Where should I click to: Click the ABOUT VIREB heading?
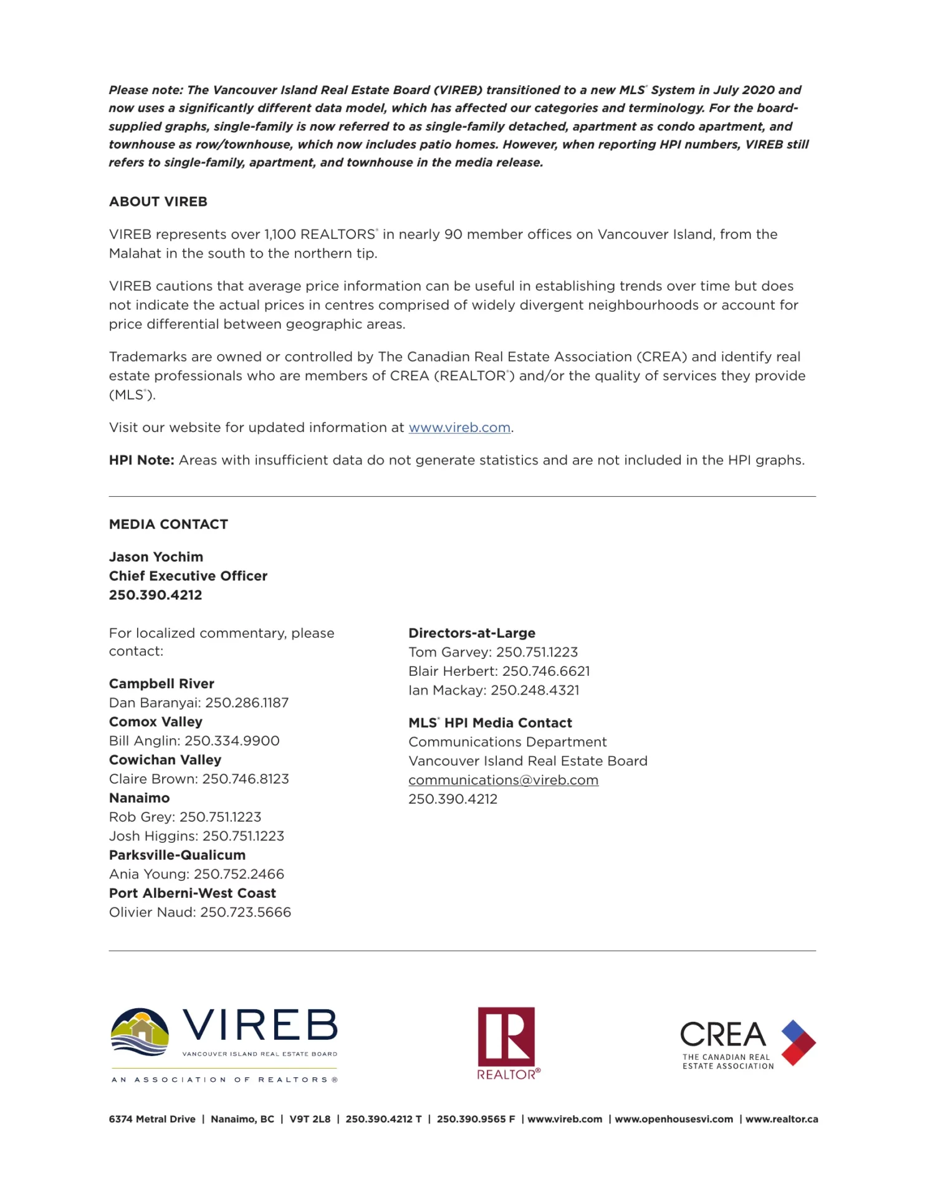[158, 202]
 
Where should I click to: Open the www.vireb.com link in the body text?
[459, 428]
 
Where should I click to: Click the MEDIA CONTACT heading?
[168, 524]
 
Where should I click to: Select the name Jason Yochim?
[156, 557]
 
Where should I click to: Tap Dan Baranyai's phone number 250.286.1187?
[247, 703]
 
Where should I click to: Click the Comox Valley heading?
[155, 722]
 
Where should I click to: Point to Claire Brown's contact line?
[199, 779]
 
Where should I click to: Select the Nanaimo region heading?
[139, 798]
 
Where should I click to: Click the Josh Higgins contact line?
[196, 836]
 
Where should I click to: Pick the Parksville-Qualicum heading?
[177, 855]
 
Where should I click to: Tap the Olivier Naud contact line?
[200, 912]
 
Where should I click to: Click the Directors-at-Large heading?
[472, 633]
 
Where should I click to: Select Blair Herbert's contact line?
[499, 671]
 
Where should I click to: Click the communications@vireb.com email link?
[503, 781]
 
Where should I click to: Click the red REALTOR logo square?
[506, 1037]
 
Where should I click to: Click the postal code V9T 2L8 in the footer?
[310, 1119]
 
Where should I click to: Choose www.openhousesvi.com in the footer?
[673, 1119]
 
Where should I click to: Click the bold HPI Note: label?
[141, 460]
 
